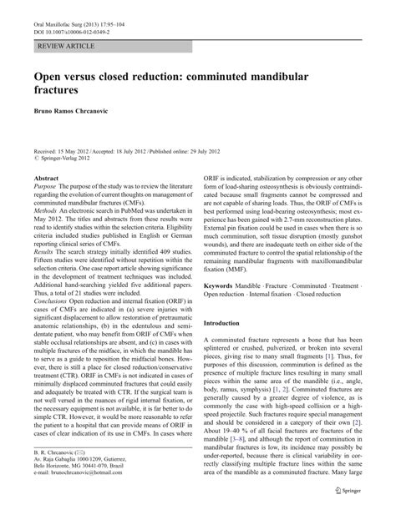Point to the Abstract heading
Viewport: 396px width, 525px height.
[x=44, y=179]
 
